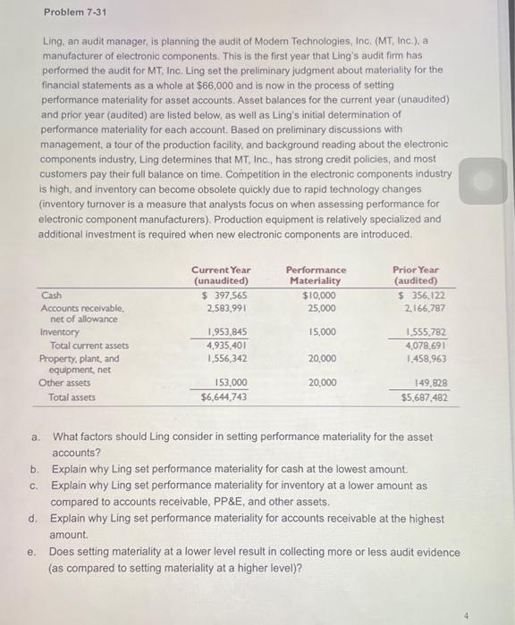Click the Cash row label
(51, 295)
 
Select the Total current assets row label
(89, 346)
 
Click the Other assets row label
(64, 383)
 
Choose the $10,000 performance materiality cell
(319, 295)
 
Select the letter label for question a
(35, 438)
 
